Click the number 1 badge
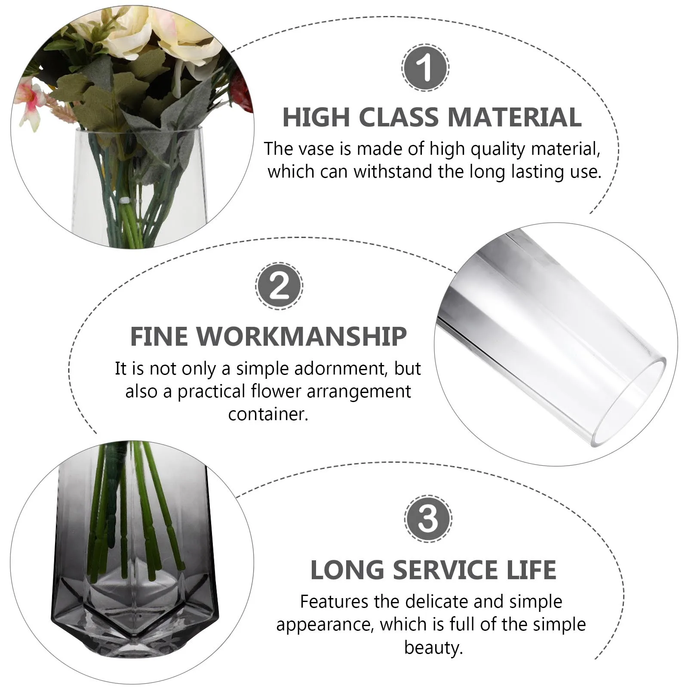pos(425,68)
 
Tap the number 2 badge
pos(279,286)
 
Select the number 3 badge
pos(427,519)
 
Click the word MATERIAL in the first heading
pos(514,117)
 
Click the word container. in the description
pos(268,414)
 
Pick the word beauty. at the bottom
pos(433,647)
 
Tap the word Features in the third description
pos(334,602)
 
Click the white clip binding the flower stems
pos(126,200)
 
